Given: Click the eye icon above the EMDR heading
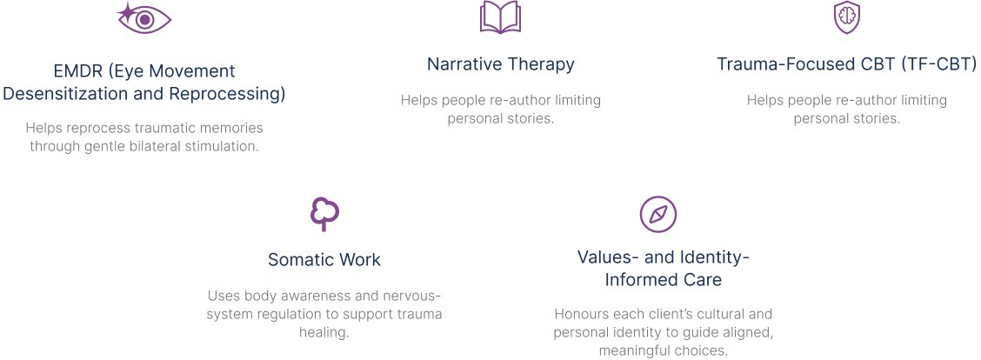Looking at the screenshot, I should coord(144,19).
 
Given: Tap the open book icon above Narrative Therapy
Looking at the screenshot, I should coord(500,18).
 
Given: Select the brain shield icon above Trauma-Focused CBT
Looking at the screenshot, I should coord(846,18).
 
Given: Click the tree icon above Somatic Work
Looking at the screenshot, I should coord(324,213).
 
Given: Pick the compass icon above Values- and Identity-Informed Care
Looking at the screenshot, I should coord(658,213).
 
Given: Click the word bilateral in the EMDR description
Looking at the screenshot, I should coord(150,146).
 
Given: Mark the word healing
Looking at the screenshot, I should coord(324,332).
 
